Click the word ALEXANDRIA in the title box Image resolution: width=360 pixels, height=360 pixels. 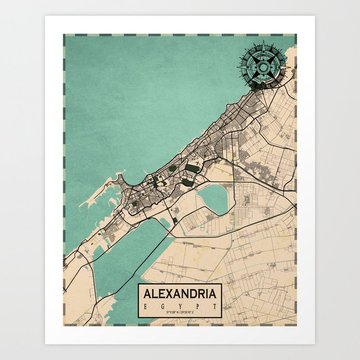[x=179, y=294]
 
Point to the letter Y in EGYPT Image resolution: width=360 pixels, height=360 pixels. [x=179, y=305]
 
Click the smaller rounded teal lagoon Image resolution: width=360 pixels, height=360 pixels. [x=213, y=198]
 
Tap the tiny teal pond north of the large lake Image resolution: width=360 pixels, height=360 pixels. [x=165, y=222]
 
